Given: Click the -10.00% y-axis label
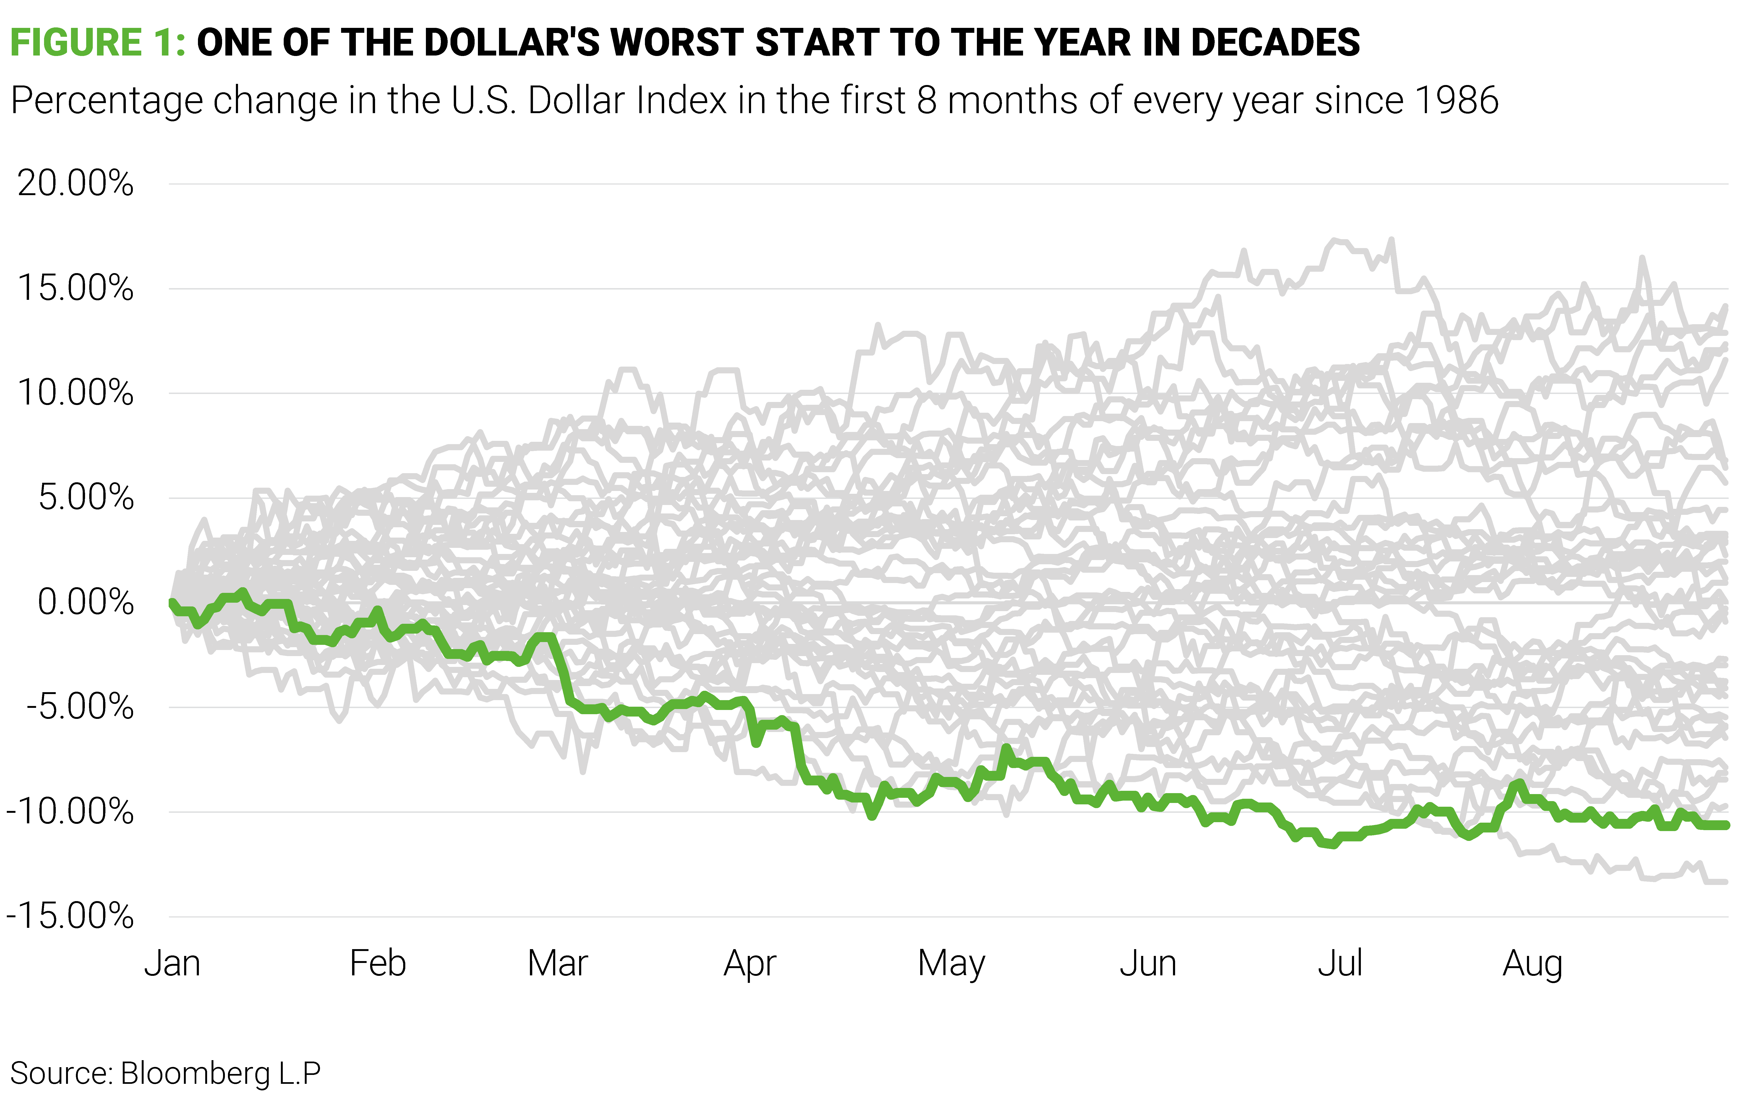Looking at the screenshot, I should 70,811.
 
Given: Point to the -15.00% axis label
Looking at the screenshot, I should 70,917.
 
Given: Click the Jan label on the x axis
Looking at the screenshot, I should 172,964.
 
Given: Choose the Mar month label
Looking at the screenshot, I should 558,964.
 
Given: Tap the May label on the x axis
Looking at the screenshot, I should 951,964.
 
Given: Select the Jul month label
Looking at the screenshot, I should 1340,964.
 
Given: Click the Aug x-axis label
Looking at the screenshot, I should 1532,964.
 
